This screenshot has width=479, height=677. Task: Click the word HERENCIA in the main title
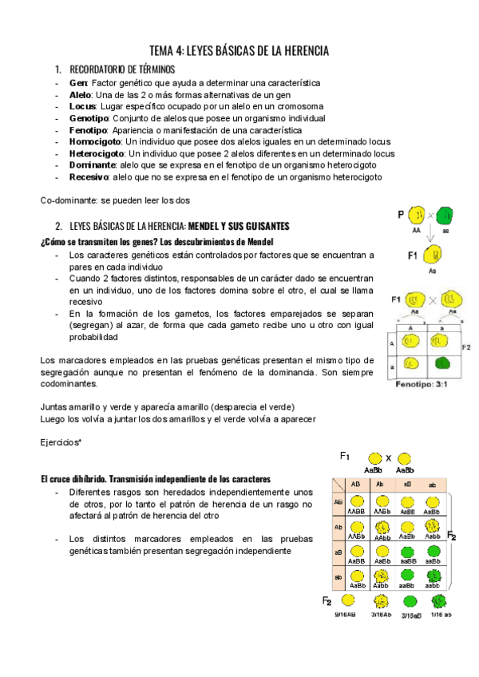click(299, 50)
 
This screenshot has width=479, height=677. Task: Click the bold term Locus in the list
click(82, 106)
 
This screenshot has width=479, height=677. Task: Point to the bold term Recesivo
click(89, 176)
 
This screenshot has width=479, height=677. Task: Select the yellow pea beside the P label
click(417, 216)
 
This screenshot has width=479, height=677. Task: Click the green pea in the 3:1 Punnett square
click(445, 363)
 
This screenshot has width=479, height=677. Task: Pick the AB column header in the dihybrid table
click(357, 484)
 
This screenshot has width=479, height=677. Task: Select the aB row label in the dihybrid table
click(338, 552)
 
